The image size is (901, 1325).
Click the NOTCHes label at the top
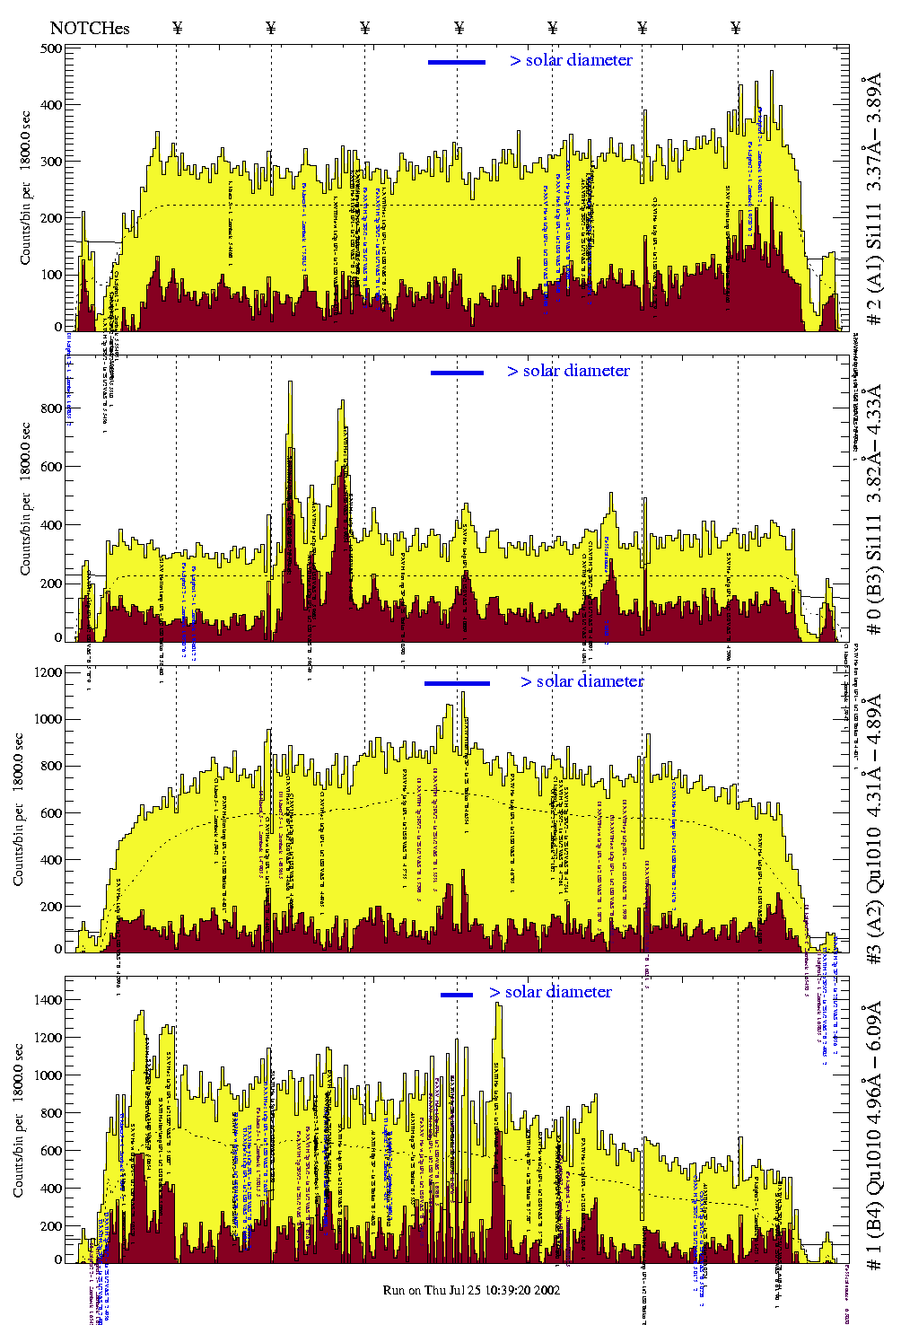point(90,28)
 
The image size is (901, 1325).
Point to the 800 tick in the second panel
point(51,408)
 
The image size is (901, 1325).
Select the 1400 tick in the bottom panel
point(47,1000)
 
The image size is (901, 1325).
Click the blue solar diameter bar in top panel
point(457,62)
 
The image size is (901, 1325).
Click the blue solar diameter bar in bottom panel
point(457,995)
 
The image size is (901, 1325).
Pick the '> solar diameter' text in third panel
point(582,681)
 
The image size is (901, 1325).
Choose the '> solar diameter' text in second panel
point(568,371)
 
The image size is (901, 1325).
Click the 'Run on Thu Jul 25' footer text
point(471,1290)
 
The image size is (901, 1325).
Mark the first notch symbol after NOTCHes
point(177,28)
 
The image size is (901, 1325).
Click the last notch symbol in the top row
point(736,28)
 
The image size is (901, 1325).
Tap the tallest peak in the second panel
point(289,383)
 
